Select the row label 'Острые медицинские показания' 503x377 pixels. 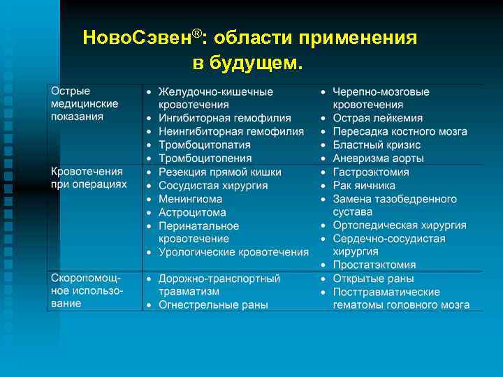(x=84, y=104)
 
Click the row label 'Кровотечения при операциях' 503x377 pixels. (x=88, y=177)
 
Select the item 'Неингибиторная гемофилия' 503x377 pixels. (x=231, y=131)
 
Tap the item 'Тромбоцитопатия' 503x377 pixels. (x=204, y=145)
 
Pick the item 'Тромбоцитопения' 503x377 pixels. (x=204, y=158)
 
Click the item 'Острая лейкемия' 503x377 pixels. (x=377, y=118)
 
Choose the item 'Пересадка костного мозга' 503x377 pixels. (x=400, y=131)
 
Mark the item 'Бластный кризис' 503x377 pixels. (x=377, y=145)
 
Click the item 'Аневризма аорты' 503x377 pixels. (x=378, y=158)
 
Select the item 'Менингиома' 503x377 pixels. (x=190, y=199)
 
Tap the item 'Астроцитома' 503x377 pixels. (x=192, y=212)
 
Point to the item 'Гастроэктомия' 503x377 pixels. (x=370, y=172)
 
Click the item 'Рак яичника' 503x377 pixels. (x=364, y=185)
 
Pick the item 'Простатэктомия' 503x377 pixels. (x=374, y=265)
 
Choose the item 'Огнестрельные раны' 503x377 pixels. (x=213, y=304)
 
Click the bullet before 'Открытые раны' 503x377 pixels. (x=323, y=279)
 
